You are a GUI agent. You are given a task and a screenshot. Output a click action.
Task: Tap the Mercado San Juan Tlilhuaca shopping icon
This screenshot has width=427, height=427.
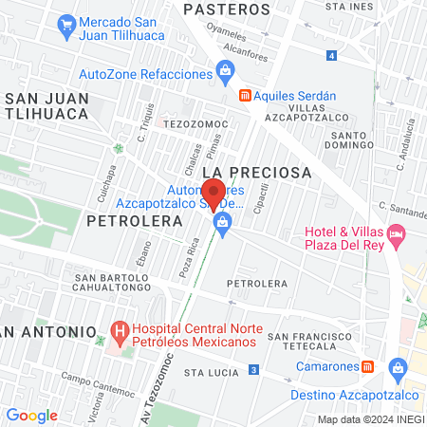[x=66, y=23]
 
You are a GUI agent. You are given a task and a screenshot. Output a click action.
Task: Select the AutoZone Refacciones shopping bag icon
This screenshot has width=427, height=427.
[x=225, y=69]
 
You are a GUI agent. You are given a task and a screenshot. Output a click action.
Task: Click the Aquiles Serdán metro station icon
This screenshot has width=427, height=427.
[x=245, y=96]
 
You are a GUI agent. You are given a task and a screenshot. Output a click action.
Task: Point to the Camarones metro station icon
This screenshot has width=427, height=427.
[x=368, y=366]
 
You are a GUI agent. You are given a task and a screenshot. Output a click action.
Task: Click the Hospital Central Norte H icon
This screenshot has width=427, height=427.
[x=120, y=333]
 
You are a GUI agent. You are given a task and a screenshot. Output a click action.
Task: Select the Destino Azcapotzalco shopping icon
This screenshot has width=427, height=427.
[x=397, y=366]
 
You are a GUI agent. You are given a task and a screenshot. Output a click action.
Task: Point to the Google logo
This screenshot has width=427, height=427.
[x=31, y=415]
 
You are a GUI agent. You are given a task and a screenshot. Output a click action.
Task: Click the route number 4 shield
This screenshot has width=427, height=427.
[x=330, y=56]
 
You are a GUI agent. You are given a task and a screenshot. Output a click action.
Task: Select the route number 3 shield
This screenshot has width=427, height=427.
[x=253, y=369]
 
